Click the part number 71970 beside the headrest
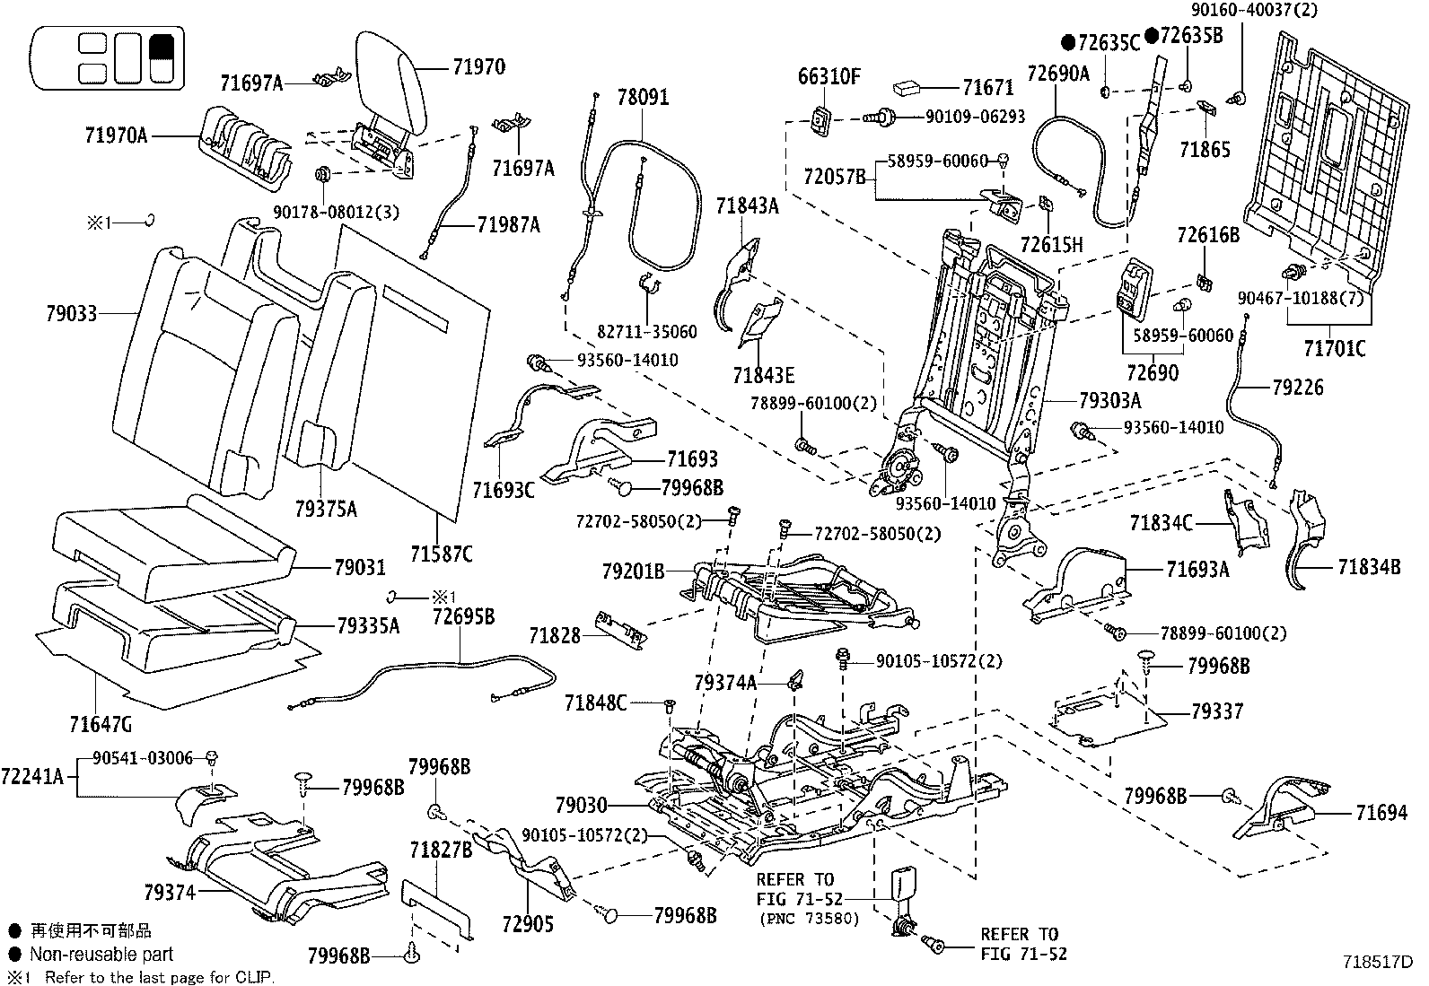(478, 67)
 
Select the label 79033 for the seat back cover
(72, 313)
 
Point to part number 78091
(643, 97)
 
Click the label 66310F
(829, 77)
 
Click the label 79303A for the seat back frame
(1110, 399)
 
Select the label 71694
(1381, 813)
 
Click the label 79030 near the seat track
(581, 805)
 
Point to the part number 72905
(529, 923)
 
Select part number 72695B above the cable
(463, 616)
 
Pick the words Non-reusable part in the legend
(101, 955)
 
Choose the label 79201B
(633, 570)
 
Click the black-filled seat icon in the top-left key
(162, 57)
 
